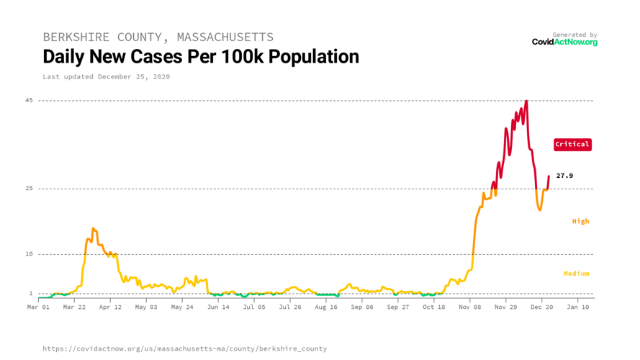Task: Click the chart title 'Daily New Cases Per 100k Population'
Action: [201, 56]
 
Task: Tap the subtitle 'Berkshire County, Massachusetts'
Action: [158, 37]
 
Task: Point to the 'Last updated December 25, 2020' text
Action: [106, 76]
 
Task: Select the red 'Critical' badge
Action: [572, 144]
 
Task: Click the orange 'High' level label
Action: [580, 221]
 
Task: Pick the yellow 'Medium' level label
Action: [576, 274]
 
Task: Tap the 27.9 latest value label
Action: [564, 176]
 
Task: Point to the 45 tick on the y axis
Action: [29, 100]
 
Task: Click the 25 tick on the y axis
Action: [29, 189]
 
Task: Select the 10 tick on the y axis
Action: [29, 254]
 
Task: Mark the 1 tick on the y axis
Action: [30, 293]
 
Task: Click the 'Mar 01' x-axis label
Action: [38, 307]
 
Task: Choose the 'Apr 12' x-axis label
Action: [110, 307]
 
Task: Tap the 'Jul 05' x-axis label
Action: [254, 307]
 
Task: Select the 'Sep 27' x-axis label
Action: [397, 307]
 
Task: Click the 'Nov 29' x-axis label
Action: [505, 307]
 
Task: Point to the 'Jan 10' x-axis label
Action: [577, 307]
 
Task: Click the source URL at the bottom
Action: [184, 348]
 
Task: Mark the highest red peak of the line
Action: [526, 102]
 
